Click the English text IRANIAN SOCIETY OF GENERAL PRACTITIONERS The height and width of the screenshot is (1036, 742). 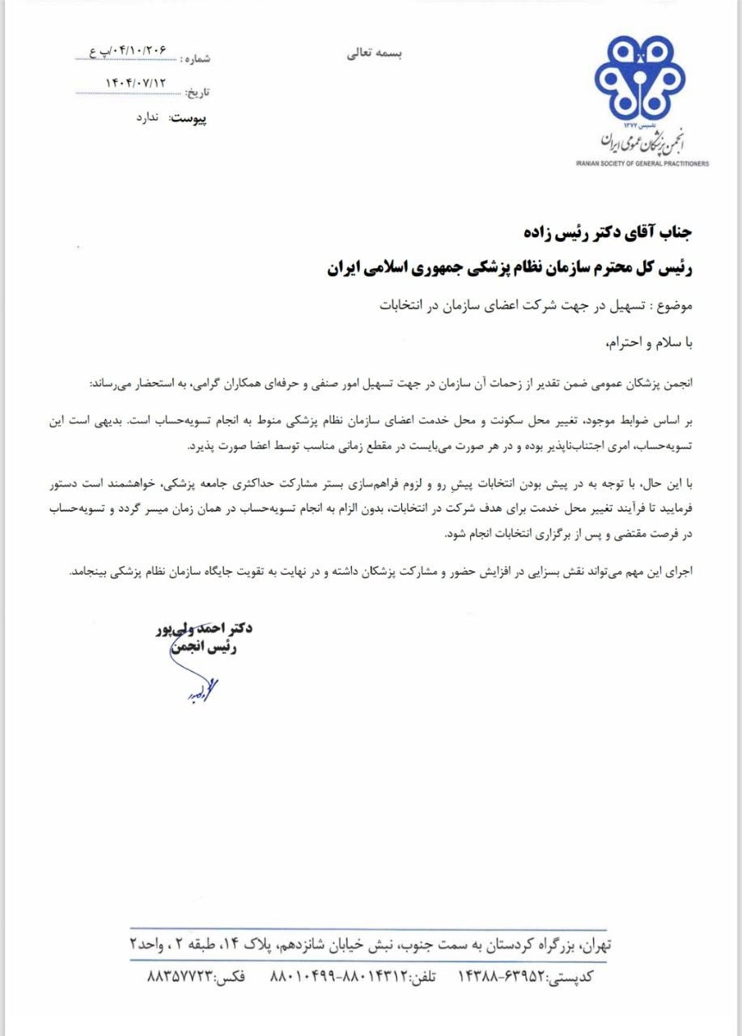pyautogui.click(x=642, y=163)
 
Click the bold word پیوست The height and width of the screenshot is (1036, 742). pyautogui.click(x=188, y=118)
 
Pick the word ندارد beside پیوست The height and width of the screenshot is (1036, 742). pyautogui.click(x=149, y=118)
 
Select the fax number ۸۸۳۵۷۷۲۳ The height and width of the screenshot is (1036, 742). pyautogui.click(x=179, y=977)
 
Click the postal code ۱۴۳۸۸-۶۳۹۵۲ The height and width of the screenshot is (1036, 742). pyautogui.click(x=502, y=977)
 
